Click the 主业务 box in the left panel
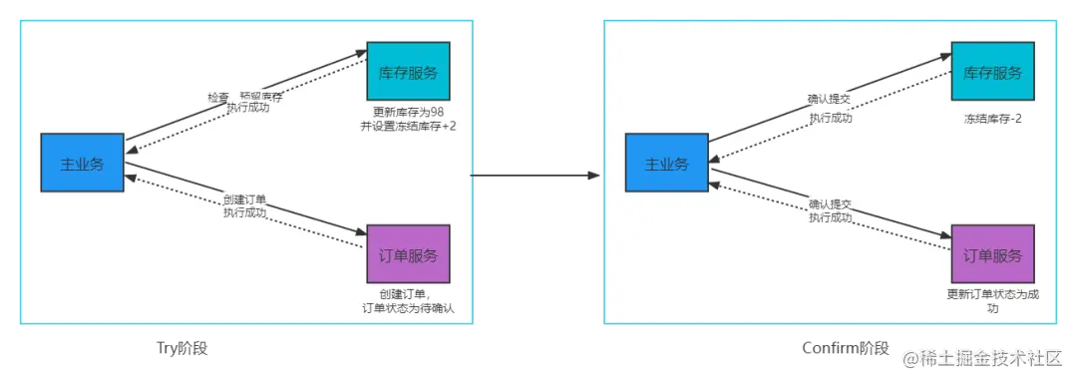coord(82,163)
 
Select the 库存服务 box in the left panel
coord(408,72)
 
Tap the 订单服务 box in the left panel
coord(408,255)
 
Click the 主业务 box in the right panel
coord(666,163)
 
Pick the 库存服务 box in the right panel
coord(992,72)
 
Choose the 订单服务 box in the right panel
coord(992,255)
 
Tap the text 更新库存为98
coord(408,112)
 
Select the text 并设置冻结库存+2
coord(408,126)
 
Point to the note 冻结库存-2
coord(992,119)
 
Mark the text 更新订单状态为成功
coord(992,301)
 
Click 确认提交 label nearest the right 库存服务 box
coord(830,100)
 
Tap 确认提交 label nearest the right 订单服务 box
coord(830,204)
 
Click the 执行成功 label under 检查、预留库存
coord(247,108)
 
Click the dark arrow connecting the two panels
coord(537,176)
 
